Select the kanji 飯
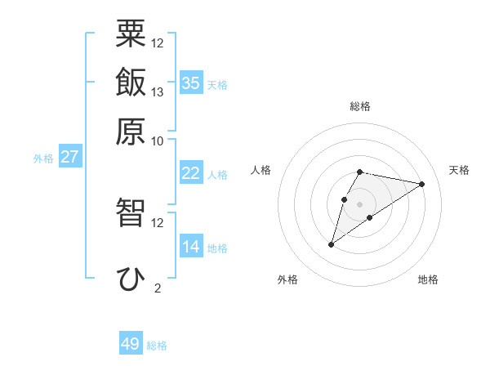pyautogui.click(x=131, y=83)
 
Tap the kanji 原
pyautogui.click(x=131, y=131)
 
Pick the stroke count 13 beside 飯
pyautogui.click(x=158, y=92)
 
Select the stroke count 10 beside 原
pyautogui.click(x=158, y=141)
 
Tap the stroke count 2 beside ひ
pyautogui.click(x=158, y=288)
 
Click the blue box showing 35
pyautogui.click(x=191, y=83)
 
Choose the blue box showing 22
pyautogui.click(x=191, y=173)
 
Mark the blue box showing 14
pyautogui.click(x=191, y=247)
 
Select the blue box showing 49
pyautogui.click(x=131, y=344)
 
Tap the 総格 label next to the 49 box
pyautogui.click(x=157, y=346)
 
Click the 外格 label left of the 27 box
pyautogui.click(x=43, y=159)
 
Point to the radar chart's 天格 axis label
pyautogui.click(x=459, y=170)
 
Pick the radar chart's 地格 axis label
pyautogui.click(x=428, y=280)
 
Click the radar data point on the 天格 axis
pyautogui.click(x=422, y=184)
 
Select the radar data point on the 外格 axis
pyautogui.click(x=331, y=243)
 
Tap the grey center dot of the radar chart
pyautogui.click(x=359, y=204)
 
